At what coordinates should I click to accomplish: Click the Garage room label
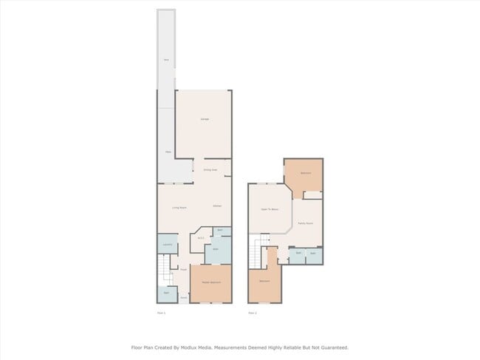[x=204, y=119]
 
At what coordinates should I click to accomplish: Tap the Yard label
[x=166, y=59]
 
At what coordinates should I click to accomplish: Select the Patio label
[x=168, y=152]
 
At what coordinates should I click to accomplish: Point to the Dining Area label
[x=210, y=170]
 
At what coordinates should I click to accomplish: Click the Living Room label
[x=179, y=208]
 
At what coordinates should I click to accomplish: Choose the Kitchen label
[x=217, y=206]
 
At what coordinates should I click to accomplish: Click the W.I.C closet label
[x=201, y=238]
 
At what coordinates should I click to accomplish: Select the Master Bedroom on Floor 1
[x=211, y=282]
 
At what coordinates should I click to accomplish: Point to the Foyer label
[x=182, y=270]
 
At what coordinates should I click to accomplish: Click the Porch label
[x=182, y=297]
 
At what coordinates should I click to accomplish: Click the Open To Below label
[x=269, y=209]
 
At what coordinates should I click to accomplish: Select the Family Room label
[x=305, y=223]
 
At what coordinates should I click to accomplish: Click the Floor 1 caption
[x=161, y=313]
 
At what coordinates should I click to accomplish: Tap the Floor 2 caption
[x=252, y=313]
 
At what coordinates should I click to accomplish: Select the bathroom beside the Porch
[x=166, y=293]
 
